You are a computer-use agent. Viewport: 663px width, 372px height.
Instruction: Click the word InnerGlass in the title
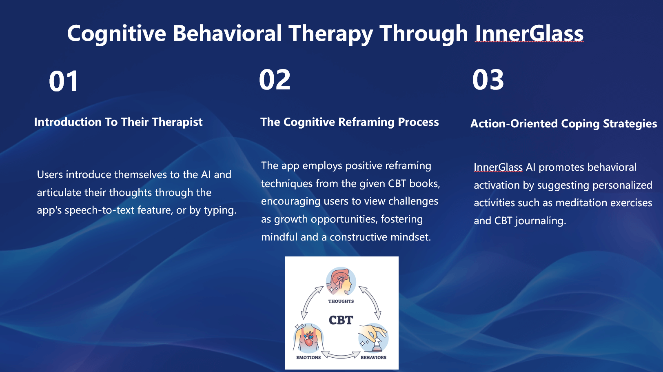(529, 33)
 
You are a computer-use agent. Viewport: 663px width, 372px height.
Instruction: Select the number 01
(64, 81)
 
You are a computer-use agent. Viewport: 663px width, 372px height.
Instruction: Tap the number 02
(275, 80)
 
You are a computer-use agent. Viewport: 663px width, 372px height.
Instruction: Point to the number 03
(488, 80)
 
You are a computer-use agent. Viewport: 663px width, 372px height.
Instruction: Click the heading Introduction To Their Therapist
(118, 122)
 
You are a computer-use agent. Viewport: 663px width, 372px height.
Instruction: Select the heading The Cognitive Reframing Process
(349, 122)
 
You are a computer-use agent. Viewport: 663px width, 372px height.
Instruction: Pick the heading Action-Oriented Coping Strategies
(563, 124)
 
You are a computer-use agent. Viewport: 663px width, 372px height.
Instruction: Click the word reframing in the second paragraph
(408, 166)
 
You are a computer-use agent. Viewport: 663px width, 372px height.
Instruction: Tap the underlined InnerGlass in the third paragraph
(498, 167)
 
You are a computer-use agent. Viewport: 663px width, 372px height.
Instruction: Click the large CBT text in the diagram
(341, 320)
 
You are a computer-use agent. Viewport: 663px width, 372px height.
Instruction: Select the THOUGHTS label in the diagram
(341, 301)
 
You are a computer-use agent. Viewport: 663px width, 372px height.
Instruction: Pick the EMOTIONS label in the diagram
(308, 358)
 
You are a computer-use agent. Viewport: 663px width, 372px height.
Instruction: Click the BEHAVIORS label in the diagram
(373, 358)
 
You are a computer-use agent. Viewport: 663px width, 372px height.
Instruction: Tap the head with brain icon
(341, 281)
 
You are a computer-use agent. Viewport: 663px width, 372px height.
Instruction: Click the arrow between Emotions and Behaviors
(341, 355)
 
